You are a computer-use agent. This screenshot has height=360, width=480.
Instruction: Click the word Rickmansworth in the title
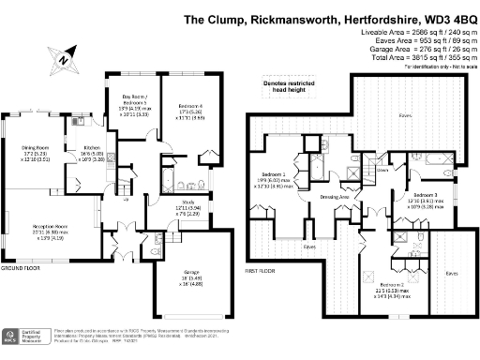pyautogui.click(x=277, y=18)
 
